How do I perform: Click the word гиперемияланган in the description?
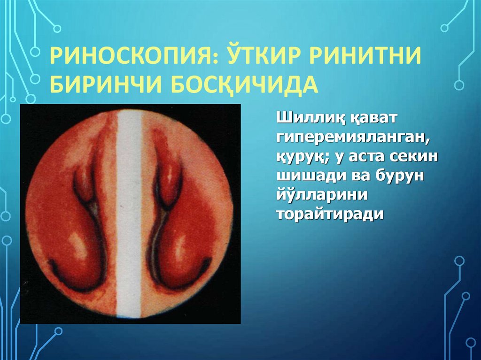pyautogui.click(x=354, y=138)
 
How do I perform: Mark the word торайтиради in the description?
pyautogui.click(x=330, y=214)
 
